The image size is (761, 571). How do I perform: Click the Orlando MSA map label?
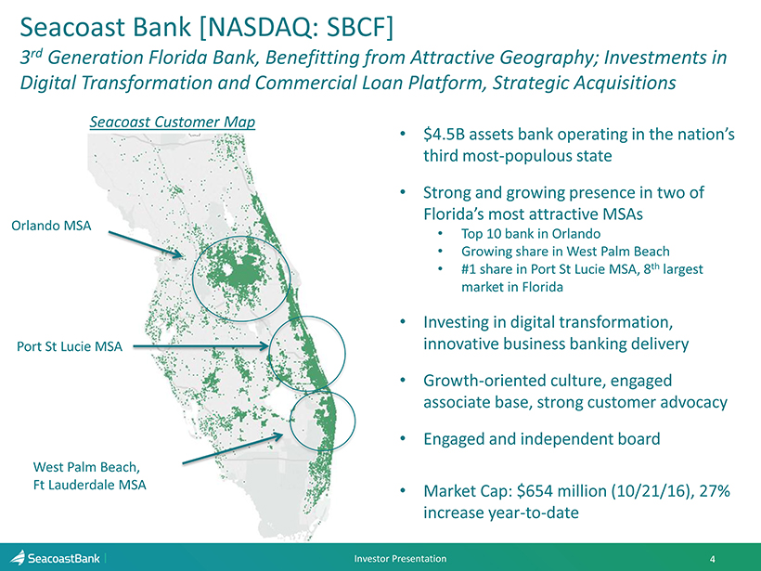[51, 226]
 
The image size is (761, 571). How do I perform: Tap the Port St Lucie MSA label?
[70, 346]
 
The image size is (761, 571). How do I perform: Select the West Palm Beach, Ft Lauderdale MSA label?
[89, 475]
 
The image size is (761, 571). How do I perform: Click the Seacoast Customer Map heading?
[173, 122]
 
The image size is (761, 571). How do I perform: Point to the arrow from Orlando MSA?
[145, 244]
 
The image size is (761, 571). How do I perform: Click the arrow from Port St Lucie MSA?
[200, 346]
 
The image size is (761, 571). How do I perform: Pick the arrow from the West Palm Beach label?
[232, 448]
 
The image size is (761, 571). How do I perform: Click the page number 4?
[712, 559]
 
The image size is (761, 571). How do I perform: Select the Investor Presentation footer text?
[400, 558]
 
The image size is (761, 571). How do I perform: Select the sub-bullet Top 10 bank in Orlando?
[531, 234]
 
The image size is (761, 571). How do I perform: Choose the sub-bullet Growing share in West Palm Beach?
[565, 252]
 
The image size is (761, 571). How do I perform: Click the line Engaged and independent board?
[542, 439]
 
